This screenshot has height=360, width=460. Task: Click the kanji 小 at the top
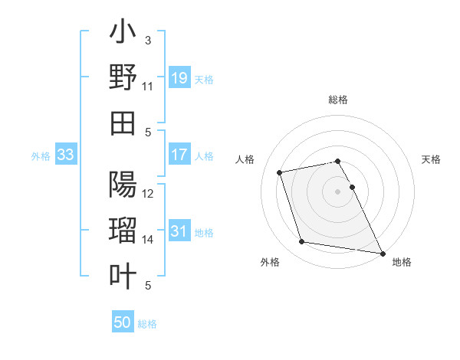(123, 35)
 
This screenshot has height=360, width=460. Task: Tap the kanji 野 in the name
(123, 79)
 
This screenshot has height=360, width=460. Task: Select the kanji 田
(123, 123)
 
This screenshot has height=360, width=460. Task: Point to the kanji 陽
(123, 185)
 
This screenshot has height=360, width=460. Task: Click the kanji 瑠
(123, 231)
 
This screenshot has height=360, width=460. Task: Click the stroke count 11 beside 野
(148, 87)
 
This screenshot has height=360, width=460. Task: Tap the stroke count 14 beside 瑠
(148, 240)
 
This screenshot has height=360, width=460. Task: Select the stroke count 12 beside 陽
(148, 194)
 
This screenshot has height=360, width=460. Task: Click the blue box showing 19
(179, 77)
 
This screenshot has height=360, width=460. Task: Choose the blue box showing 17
(179, 155)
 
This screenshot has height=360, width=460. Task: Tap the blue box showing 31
(179, 231)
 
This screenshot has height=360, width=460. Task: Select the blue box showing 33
(65, 155)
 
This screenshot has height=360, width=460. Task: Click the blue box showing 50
(123, 323)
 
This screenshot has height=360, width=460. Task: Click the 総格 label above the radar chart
(338, 100)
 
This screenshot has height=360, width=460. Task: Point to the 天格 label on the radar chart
(432, 159)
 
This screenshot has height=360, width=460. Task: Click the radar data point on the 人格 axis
(280, 172)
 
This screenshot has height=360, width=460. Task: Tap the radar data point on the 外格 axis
(302, 242)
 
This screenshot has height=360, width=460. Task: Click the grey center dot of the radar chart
(338, 191)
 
